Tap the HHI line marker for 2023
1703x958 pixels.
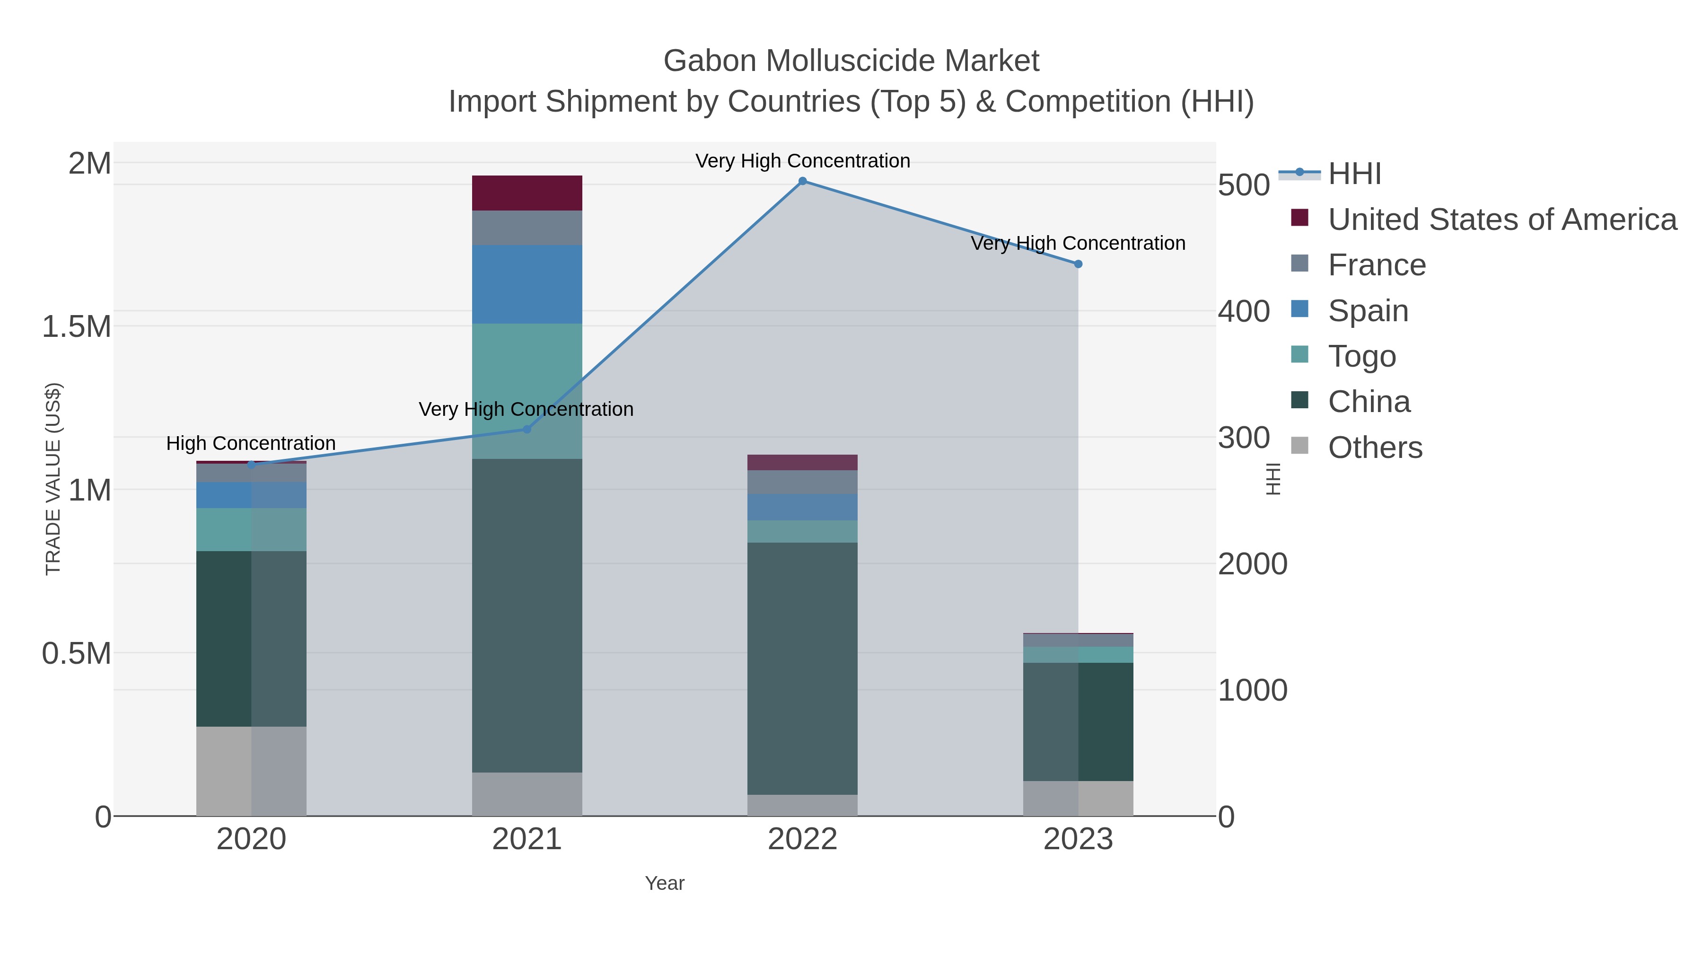click(x=1078, y=264)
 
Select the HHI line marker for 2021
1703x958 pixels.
click(x=527, y=429)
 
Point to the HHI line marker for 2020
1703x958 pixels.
click(x=251, y=464)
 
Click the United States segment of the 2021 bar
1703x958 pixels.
click(x=527, y=193)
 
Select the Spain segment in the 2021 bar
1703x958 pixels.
click(x=527, y=284)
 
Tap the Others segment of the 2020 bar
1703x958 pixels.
click(x=251, y=771)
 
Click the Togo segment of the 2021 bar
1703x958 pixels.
click(x=527, y=390)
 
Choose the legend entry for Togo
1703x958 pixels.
click(x=1362, y=356)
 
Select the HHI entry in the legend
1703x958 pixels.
click(x=1354, y=174)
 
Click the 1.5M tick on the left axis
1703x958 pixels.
click(x=77, y=326)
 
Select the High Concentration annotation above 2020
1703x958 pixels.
click(x=251, y=443)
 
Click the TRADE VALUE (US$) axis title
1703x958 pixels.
click(x=53, y=479)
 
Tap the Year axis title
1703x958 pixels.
click(x=665, y=883)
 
